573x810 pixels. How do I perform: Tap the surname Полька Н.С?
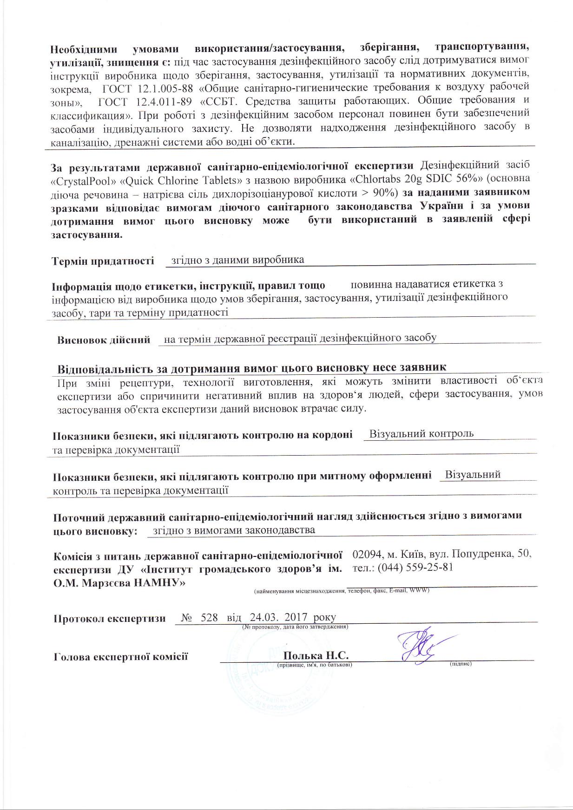316,655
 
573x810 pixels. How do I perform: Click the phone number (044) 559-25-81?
415,568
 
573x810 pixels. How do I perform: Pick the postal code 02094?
367,554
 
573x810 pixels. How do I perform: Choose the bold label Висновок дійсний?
104,340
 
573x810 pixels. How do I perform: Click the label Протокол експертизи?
110,619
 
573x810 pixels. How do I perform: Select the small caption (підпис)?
461,665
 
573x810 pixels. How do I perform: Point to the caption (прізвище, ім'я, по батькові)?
314,665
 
